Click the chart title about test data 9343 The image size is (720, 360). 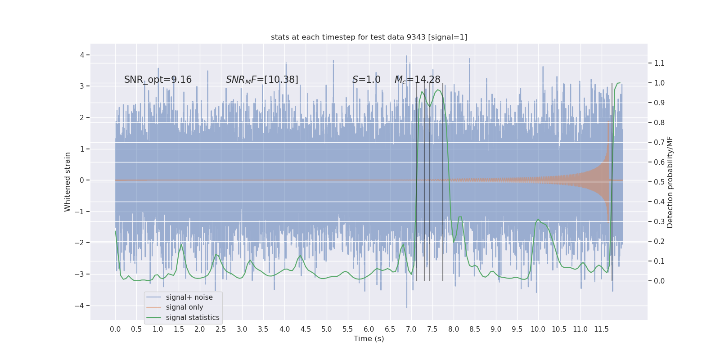pyautogui.click(x=369, y=37)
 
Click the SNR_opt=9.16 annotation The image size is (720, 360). pyautogui.click(x=158, y=80)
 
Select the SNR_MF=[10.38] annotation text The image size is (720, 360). pyautogui.click(x=262, y=80)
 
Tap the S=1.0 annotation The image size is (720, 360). pyautogui.click(x=366, y=80)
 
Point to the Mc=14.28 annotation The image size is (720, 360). pyautogui.click(x=417, y=80)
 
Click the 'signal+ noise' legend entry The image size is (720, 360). pyautogui.click(x=189, y=297)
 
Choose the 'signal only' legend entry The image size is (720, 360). pyautogui.click(x=184, y=307)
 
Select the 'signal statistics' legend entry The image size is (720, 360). pyautogui.click(x=193, y=318)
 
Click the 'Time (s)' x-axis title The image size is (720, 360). pyautogui.click(x=369, y=338)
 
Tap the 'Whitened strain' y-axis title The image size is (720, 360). pyautogui.click(x=67, y=182)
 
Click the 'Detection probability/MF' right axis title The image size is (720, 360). pyautogui.click(x=670, y=182)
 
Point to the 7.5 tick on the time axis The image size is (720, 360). pyautogui.click(x=432, y=329)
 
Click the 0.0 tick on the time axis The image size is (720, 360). pyautogui.click(x=115, y=329)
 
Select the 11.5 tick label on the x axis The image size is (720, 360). pyautogui.click(x=601, y=329)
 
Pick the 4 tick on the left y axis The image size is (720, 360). pyautogui.click(x=82, y=55)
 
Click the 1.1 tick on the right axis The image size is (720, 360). pyautogui.click(x=659, y=63)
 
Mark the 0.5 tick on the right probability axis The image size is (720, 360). pyautogui.click(x=659, y=182)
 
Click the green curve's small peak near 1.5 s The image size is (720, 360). pyautogui.click(x=181, y=245)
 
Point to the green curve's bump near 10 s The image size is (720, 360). pyautogui.click(x=538, y=220)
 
